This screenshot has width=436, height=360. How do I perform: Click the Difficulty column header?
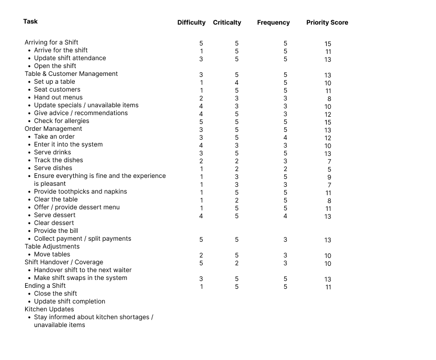click(x=191, y=22)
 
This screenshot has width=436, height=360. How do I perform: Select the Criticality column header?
click(x=227, y=22)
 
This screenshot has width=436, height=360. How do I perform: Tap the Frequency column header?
click(x=273, y=22)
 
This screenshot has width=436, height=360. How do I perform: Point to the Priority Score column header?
click(x=327, y=22)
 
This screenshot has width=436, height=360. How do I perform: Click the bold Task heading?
click(x=30, y=21)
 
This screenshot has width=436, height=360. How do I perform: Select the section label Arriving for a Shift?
click(x=51, y=42)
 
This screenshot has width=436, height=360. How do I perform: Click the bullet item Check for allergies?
click(x=62, y=121)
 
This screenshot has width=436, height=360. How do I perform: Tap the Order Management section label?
click(x=53, y=129)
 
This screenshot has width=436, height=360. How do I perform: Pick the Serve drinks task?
click(x=52, y=152)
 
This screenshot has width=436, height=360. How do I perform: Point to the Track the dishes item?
click(x=58, y=160)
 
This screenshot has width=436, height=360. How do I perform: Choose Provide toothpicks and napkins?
click(x=80, y=192)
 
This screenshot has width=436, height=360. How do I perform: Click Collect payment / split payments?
click(x=82, y=239)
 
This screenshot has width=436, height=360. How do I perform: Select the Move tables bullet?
click(x=52, y=254)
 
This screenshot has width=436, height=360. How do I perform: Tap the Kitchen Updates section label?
click(x=49, y=309)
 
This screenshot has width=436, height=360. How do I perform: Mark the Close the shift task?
click(x=55, y=294)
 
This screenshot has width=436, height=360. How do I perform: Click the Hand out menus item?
click(x=58, y=97)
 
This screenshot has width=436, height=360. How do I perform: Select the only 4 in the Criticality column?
click(x=237, y=83)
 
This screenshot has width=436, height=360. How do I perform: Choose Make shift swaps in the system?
click(x=80, y=278)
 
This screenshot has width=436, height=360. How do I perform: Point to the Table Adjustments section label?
click(x=52, y=246)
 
